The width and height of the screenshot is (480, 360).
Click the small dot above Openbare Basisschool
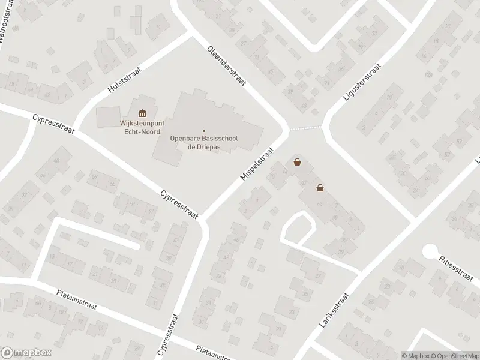tap(203, 131)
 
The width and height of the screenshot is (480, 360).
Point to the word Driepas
tap(208, 146)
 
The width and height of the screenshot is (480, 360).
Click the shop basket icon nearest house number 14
tap(297, 162)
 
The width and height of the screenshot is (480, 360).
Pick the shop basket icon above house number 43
tap(320, 188)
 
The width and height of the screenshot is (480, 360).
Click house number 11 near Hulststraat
tap(158, 27)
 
